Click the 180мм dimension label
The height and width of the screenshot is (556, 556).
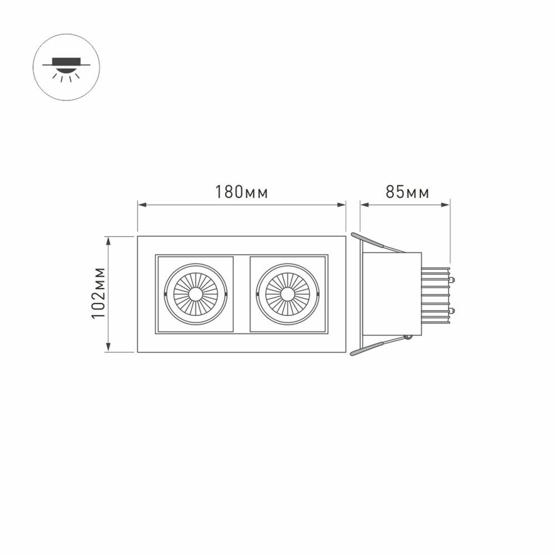point(241,192)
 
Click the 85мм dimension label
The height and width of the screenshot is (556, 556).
point(407,192)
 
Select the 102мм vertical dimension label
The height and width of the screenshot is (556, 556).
point(98,294)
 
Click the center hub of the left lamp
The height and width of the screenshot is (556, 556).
point(196,294)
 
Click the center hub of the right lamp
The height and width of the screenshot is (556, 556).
point(287,294)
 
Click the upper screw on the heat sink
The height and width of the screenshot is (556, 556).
point(453,279)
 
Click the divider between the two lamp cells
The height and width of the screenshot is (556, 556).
point(241,294)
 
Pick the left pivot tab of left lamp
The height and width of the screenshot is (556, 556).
point(165,294)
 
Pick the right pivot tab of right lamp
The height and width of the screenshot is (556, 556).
point(319,294)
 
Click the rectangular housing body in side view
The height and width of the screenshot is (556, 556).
point(392,294)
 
